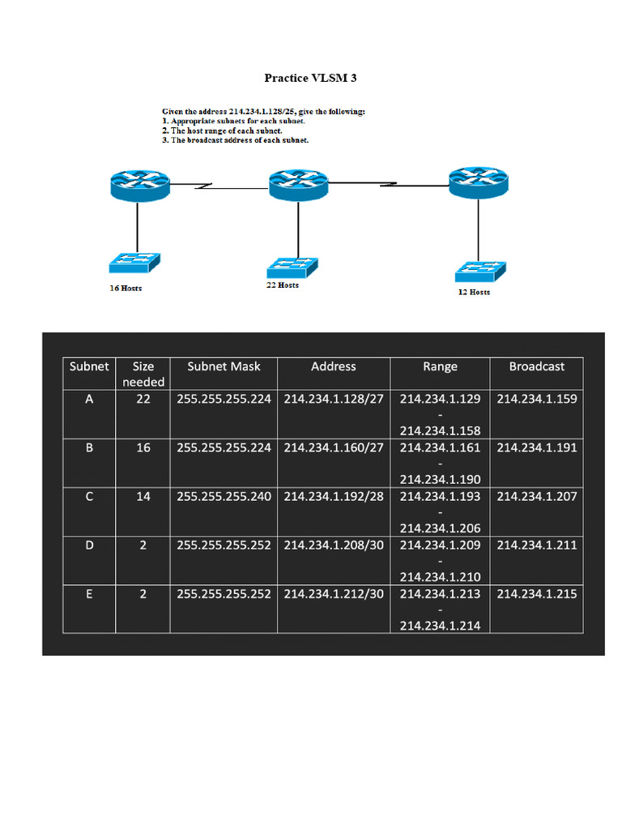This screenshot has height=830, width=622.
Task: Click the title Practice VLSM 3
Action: point(310,78)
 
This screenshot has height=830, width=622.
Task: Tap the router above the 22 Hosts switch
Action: point(298,186)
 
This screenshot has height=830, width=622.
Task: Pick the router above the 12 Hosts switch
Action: point(478,182)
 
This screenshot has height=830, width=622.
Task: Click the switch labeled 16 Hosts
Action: point(134,263)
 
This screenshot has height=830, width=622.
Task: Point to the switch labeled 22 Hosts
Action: point(292,267)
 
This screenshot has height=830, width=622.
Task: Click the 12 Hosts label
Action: point(474,292)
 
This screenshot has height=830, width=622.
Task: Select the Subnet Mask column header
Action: point(224,366)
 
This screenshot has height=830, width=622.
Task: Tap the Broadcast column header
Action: point(536,366)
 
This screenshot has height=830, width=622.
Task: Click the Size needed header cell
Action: point(143,374)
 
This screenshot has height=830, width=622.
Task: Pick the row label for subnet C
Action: point(89,496)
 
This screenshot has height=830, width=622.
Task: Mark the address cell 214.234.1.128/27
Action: point(334,399)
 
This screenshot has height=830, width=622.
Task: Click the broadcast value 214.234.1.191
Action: point(536,447)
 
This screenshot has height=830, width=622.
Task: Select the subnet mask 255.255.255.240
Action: point(224,496)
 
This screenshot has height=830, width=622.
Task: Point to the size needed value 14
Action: point(143,496)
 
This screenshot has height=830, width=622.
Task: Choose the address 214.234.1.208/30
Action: point(334,545)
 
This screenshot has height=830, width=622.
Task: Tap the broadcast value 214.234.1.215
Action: point(536,593)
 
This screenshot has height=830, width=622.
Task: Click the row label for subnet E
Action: point(89,593)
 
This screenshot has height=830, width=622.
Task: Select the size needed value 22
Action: point(143,399)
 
